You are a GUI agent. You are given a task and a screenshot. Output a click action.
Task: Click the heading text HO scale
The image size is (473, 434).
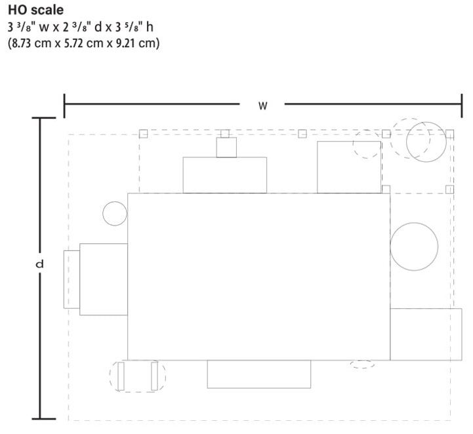[x=35, y=10]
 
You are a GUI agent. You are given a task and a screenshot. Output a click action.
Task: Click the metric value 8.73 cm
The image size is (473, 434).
[x=31, y=43]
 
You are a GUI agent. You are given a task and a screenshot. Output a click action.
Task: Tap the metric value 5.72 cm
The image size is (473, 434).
[x=83, y=43]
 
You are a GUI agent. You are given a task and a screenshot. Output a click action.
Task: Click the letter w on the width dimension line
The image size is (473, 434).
[x=263, y=106]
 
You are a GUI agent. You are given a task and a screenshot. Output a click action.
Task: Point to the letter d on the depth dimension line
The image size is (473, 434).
[x=39, y=264]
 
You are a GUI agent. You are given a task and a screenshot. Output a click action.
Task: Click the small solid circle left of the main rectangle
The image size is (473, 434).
[x=115, y=213]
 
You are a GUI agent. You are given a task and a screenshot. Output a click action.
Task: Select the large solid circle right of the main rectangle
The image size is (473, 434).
[x=414, y=247]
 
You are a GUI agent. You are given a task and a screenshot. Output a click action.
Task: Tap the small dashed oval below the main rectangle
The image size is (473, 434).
[x=362, y=364]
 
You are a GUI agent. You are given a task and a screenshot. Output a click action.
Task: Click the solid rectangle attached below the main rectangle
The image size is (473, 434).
[x=259, y=374]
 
